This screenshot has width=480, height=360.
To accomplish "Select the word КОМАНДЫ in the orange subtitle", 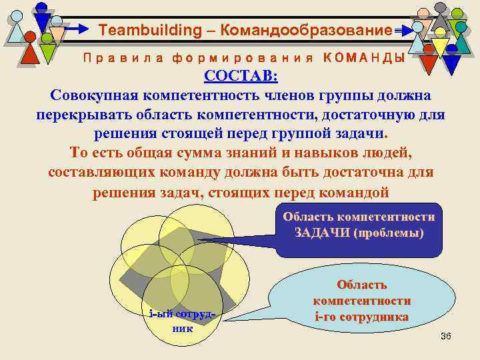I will coord(365,58).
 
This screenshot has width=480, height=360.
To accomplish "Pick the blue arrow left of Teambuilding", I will coord(79,29).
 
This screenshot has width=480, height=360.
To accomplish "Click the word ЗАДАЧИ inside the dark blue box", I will coord(322,233).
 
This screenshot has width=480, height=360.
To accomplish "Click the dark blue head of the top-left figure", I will coord(41,7).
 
